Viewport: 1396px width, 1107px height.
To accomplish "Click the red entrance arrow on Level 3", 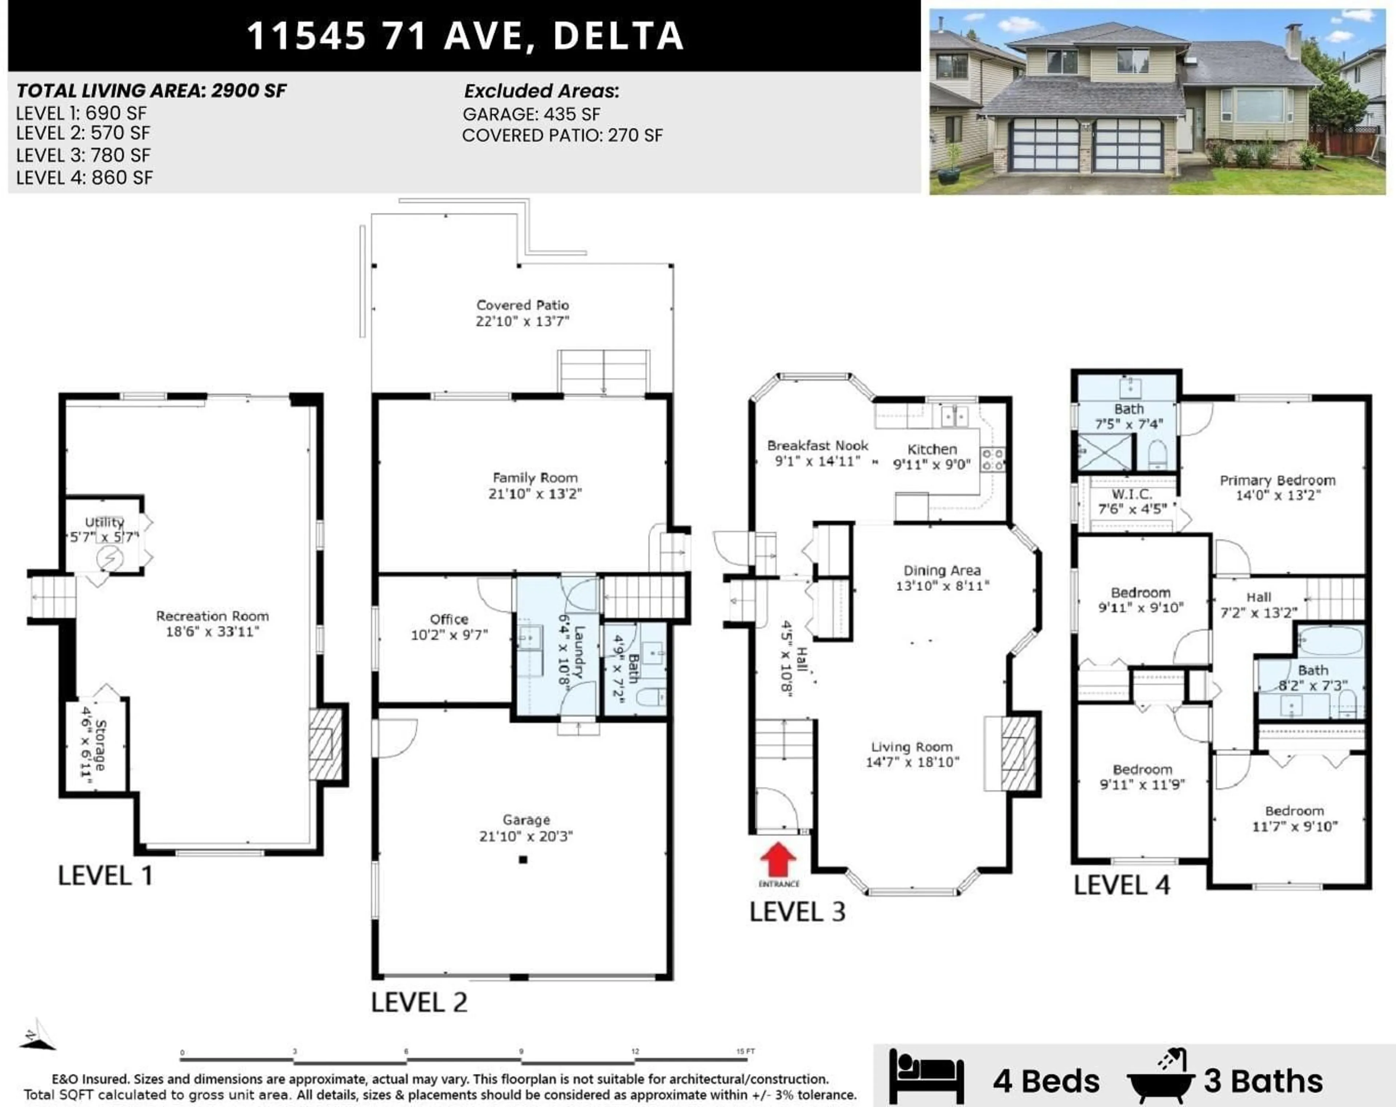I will [778, 860].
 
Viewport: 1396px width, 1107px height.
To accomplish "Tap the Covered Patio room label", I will [522, 305].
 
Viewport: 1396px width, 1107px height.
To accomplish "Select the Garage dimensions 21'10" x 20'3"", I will [526, 836].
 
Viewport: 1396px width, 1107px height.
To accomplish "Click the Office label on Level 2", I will [449, 619].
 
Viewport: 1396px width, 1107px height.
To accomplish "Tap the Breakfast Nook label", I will [817, 446].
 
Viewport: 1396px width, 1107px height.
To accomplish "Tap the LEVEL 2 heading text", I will [419, 1002].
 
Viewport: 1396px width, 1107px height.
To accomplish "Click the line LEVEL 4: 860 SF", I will [84, 178].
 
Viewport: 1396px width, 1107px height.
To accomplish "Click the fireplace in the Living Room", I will [1018, 753].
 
